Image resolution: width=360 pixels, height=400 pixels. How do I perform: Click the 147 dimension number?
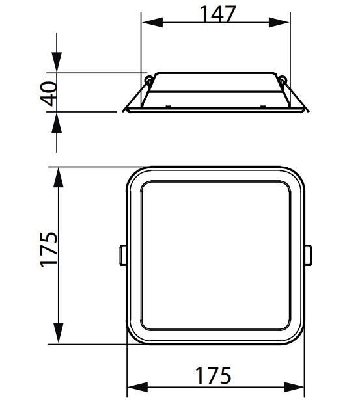point(218,14)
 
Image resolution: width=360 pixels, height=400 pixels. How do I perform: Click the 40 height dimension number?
point(49,94)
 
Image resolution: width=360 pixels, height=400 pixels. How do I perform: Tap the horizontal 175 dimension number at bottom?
point(213,375)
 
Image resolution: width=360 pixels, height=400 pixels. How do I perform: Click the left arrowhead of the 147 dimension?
point(152,23)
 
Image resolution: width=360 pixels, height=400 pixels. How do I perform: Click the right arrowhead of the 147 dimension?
point(279,23)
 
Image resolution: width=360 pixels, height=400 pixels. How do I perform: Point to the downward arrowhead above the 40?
point(57,62)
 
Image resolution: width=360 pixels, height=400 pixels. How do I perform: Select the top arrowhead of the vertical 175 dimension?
point(59,178)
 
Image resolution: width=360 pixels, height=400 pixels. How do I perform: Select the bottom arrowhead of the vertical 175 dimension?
point(59,333)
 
